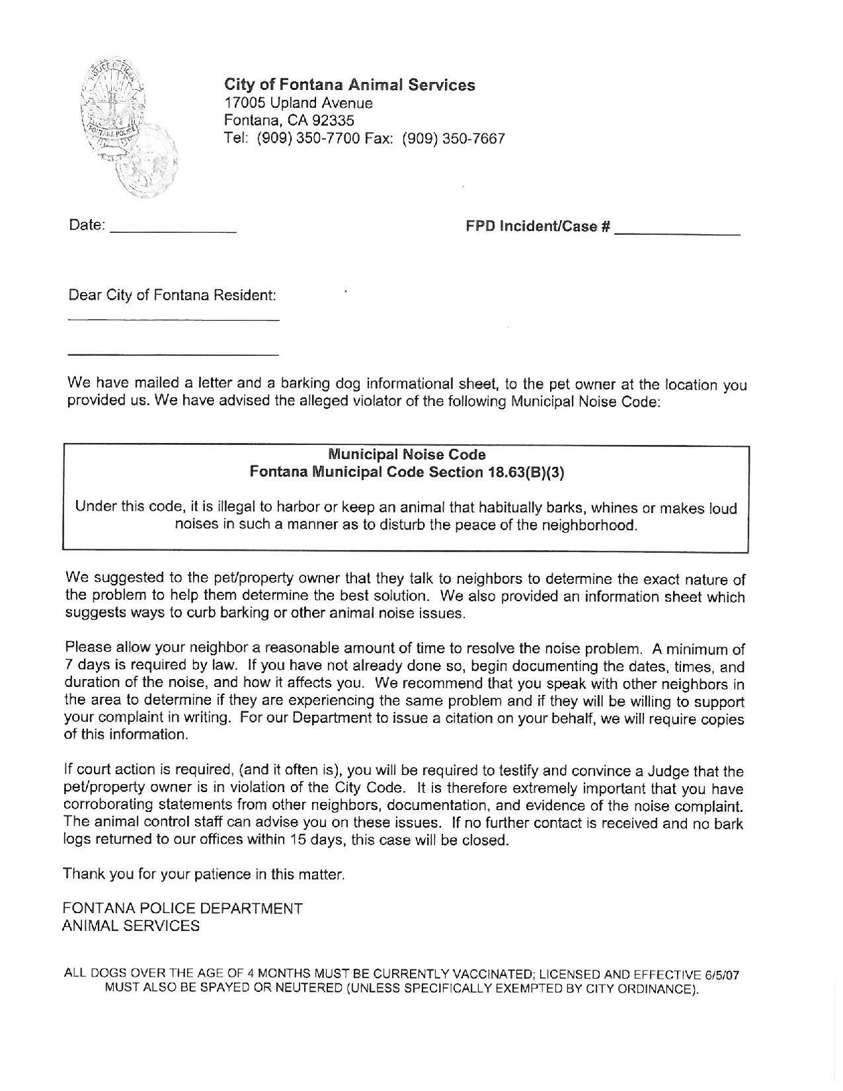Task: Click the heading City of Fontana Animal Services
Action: [349, 85]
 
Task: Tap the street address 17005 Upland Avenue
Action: [298, 102]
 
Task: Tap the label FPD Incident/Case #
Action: [537, 226]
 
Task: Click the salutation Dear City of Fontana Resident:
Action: [172, 295]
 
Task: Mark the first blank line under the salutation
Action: [173, 321]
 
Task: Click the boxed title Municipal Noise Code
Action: [407, 454]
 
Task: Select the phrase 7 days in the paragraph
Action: [85, 665]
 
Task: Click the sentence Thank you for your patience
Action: [204, 874]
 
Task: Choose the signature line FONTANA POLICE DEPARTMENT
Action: [182, 909]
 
